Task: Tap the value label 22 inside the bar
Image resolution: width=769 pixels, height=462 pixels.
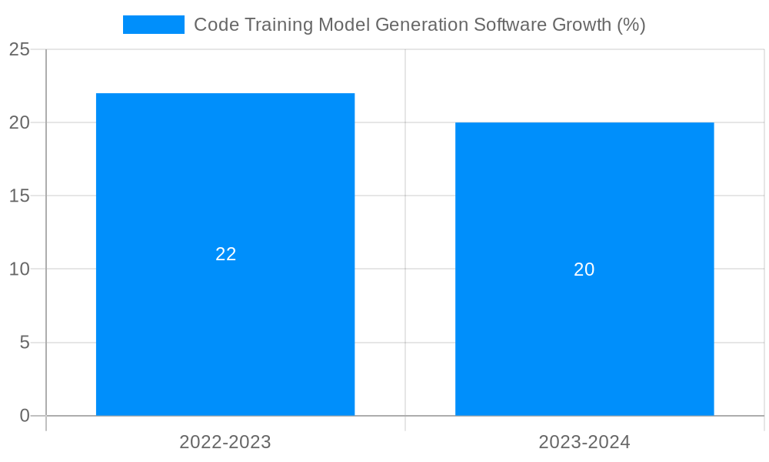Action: point(225,254)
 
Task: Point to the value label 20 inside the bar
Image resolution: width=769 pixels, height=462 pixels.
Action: point(584,269)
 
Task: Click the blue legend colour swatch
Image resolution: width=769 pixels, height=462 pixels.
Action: point(154,25)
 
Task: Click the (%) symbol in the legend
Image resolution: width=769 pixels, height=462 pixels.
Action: point(631,25)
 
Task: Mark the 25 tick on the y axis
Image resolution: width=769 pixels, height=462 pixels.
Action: point(19,50)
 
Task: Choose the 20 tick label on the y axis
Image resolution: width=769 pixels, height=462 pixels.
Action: point(19,122)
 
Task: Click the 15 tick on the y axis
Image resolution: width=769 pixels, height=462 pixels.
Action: point(19,196)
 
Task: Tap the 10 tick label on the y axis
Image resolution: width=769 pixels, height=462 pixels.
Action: point(19,269)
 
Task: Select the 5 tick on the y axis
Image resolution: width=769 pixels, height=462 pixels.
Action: point(25,342)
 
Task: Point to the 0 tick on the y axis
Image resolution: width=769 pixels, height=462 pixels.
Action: point(25,416)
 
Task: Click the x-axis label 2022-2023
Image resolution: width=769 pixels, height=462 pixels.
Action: point(225,442)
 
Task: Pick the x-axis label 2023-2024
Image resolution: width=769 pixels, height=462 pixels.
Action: point(584,442)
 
